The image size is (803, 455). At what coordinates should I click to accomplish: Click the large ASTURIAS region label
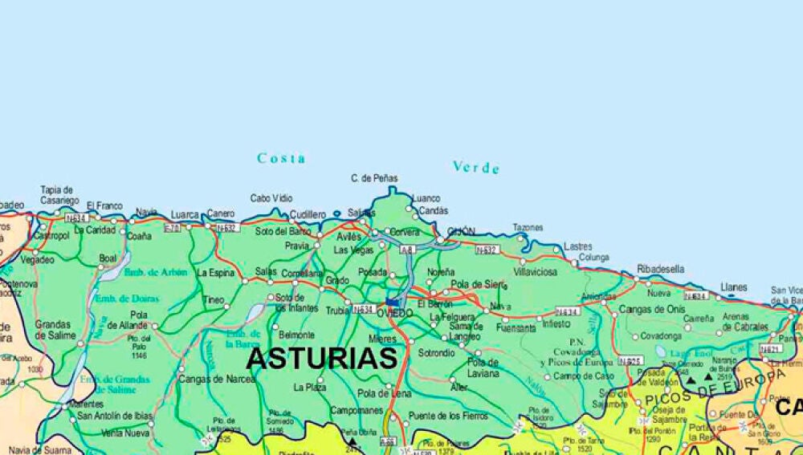pyautogui.click(x=321, y=358)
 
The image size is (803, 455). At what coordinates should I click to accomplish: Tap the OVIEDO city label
pyautogui.click(x=394, y=313)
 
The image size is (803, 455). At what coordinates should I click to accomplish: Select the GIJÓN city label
pyautogui.click(x=461, y=232)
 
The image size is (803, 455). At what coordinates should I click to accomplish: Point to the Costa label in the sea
pyautogui.click(x=281, y=158)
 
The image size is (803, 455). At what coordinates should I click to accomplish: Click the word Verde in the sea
pyautogui.click(x=476, y=167)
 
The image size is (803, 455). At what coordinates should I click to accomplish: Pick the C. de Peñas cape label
pyautogui.click(x=374, y=178)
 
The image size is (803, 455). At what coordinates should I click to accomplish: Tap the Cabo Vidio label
pyautogui.click(x=271, y=198)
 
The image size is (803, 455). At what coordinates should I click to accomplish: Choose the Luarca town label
pyautogui.click(x=185, y=215)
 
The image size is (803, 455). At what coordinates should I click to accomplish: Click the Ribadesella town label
pyautogui.click(x=661, y=269)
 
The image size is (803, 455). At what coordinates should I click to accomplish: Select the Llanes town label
pyautogui.click(x=733, y=286)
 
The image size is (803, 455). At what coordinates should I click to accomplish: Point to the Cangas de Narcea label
pyautogui.click(x=217, y=379)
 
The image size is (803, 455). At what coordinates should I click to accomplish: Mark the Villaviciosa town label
pyautogui.click(x=535, y=272)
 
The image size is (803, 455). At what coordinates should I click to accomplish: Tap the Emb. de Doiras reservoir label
pyautogui.click(x=127, y=299)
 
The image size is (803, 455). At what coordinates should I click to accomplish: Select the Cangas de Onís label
pyautogui.click(x=652, y=309)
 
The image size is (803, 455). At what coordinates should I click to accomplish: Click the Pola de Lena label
pyautogui.click(x=385, y=393)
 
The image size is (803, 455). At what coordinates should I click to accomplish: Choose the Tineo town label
pyautogui.click(x=214, y=300)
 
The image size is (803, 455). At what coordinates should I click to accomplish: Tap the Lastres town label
pyautogui.click(x=578, y=246)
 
